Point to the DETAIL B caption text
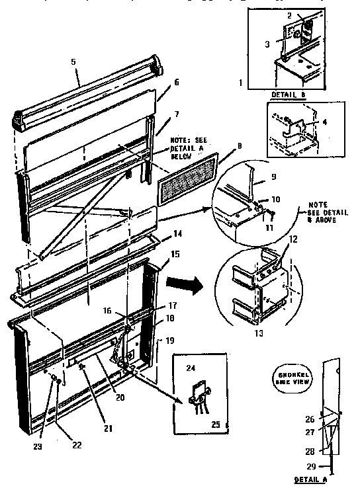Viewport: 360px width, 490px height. pos(289,94)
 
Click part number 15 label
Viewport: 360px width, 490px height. pos(174,254)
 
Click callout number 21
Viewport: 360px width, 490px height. pos(109,429)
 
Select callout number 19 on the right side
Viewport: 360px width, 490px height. pos(170,341)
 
